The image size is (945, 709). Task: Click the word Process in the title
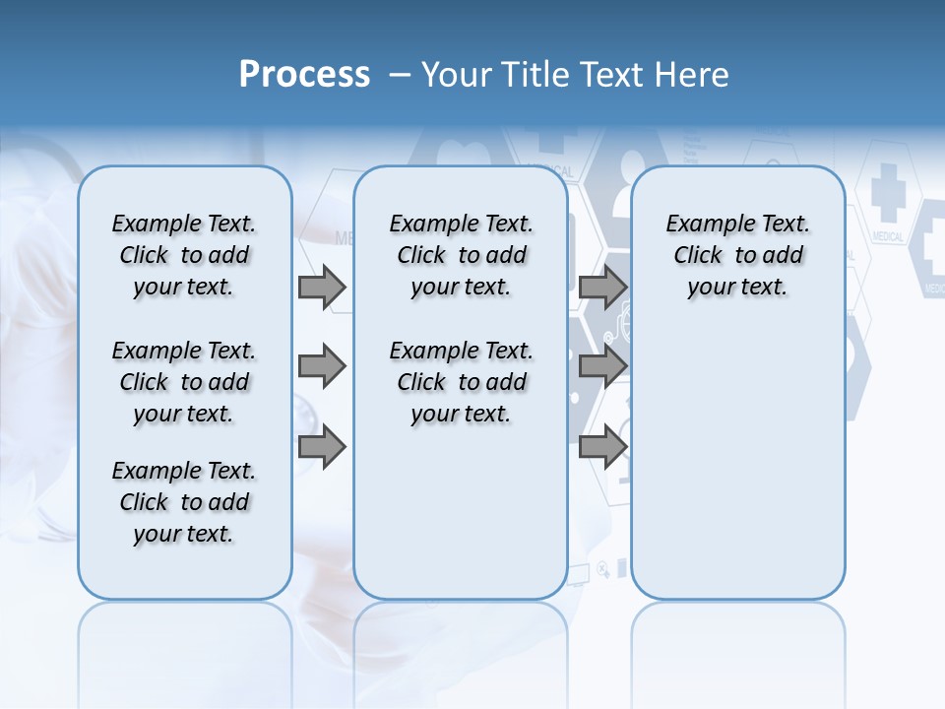point(304,74)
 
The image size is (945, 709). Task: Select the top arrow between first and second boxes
point(322,287)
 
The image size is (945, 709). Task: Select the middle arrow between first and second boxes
point(322,366)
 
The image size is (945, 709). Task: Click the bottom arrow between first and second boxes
point(322,447)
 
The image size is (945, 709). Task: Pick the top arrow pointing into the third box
point(602,287)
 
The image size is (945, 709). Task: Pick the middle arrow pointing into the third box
point(602,366)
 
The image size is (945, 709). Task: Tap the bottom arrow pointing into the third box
point(602,447)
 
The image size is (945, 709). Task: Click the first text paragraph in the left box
point(184,255)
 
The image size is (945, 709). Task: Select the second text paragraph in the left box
point(184,382)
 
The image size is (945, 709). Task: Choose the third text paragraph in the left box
point(184,502)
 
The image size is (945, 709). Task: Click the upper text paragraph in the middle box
point(461,255)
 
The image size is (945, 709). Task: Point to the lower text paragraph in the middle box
point(461,382)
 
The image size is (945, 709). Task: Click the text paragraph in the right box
point(737,255)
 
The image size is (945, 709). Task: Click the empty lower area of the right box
point(737,463)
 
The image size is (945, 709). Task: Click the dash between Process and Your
point(400,75)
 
